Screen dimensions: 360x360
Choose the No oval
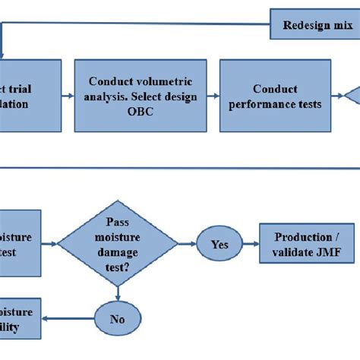117,319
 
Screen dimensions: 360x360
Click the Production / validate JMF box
308,244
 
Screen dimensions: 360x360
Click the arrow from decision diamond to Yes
185,244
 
